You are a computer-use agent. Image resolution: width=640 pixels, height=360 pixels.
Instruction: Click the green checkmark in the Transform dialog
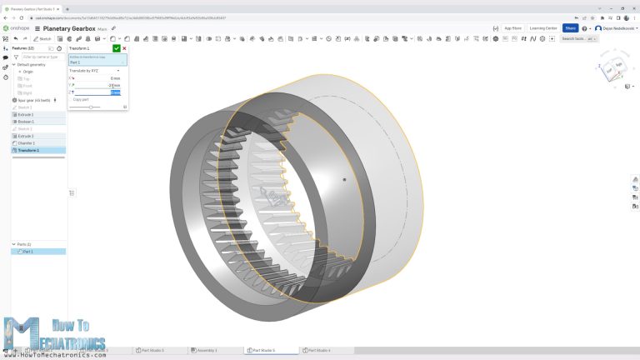click(117, 48)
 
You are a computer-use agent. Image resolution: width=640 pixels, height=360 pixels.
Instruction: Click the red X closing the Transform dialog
click(124, 48)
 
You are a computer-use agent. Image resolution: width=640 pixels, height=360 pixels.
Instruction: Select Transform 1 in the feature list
click(28, 150)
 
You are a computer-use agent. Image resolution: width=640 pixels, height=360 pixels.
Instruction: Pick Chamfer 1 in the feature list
click(27, 142)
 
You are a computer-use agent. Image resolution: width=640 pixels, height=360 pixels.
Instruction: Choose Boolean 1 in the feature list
click(27, 122)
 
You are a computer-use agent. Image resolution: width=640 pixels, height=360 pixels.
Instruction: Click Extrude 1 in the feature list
click(27, 114)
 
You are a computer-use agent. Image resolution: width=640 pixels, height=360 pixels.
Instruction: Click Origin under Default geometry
click(27, 72)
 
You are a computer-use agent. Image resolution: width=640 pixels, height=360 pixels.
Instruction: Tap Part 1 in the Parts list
click(28, 251)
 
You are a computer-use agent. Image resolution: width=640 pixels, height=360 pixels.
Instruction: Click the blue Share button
click(570, 27)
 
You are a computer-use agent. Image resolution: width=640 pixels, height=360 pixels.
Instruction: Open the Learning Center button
click(543, 27)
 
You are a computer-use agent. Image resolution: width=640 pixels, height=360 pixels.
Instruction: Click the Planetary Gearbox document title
click(68, 28)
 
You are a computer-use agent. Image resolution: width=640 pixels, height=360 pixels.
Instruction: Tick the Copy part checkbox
click(70, 99)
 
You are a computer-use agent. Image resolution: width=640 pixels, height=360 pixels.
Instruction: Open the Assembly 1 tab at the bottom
click(206, 350)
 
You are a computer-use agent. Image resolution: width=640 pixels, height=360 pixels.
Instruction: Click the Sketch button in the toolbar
click(42, 38)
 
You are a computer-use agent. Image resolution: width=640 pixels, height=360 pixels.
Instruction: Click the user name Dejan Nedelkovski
click(615, 28)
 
